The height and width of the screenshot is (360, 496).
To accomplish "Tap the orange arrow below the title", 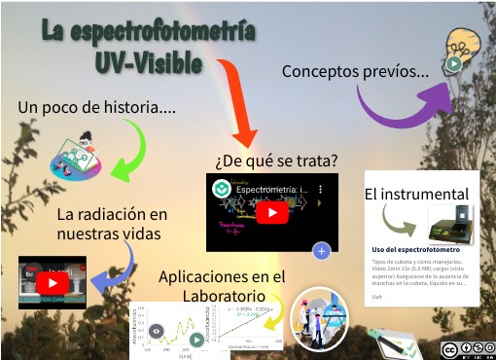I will [237, 103].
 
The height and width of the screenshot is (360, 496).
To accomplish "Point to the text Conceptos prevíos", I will [355, 71].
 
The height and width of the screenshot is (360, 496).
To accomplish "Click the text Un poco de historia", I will [97, 107].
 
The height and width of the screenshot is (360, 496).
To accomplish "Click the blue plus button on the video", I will [322, 251].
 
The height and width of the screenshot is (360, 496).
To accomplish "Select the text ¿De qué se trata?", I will [276, 160].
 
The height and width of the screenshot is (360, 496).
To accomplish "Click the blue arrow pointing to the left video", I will [117, 269].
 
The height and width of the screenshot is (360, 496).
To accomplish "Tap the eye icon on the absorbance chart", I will [157, 330].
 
